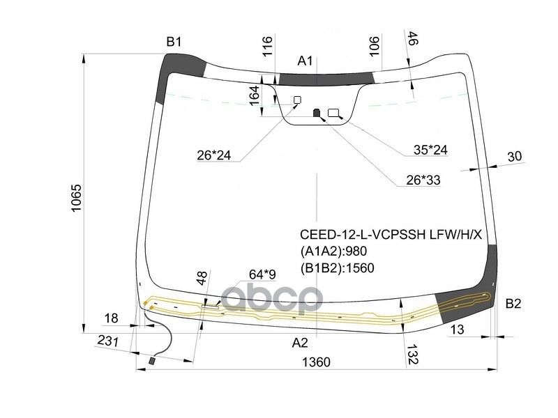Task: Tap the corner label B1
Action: click(x=174, y=42)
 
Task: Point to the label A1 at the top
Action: click(x=306, y=61)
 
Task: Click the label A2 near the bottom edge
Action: click(x=300, y=342)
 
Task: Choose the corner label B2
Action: click(x=513, y=303)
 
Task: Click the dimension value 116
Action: click(x=267, y=47)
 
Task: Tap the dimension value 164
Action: click(x=255, y=96)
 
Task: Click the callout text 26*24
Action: click(x=213, y=155)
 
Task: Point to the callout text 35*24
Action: click(x=430, y=149)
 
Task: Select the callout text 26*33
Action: click(x=423, y=180)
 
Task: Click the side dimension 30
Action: click(x=514, y=157)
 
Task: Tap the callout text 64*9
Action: click(x=262, y=276)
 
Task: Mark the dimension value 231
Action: click(x=107, y=341)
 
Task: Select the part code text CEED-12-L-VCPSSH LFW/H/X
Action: click(x=391, y=235)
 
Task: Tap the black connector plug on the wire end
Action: click(x=153, y=362)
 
